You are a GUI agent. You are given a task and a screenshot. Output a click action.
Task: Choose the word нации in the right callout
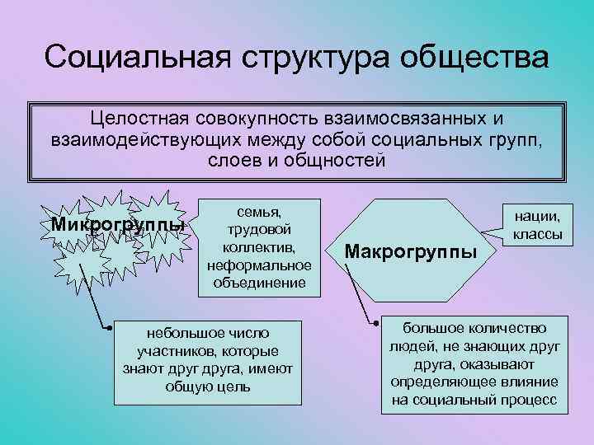click(x=537, y=217)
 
